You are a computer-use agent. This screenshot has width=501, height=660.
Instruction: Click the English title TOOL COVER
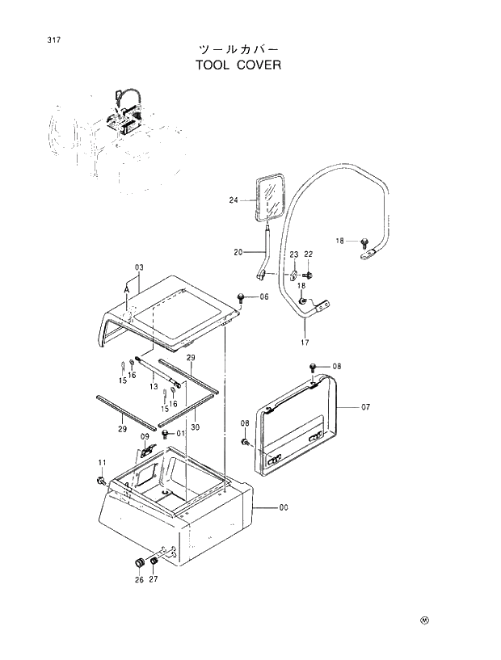click(238, 65)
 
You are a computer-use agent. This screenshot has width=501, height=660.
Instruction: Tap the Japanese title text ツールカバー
click(238, 48)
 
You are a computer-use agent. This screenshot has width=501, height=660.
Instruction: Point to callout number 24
click(234, 200)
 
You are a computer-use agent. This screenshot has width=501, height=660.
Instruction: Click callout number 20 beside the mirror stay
click(238, 252)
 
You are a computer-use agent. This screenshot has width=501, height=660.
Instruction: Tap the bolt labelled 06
click(242, 298)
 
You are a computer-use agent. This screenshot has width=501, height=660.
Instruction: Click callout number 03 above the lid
click(139, 267)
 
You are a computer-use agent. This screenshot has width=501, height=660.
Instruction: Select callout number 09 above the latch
click(145, 437)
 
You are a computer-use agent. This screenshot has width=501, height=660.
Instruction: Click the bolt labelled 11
click(99, 481)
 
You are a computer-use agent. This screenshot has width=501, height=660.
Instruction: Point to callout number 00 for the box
click(284, 507)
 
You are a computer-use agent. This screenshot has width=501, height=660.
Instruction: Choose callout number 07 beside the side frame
click(365, 407)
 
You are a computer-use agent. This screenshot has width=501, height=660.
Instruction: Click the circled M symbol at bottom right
click(424, 620)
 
